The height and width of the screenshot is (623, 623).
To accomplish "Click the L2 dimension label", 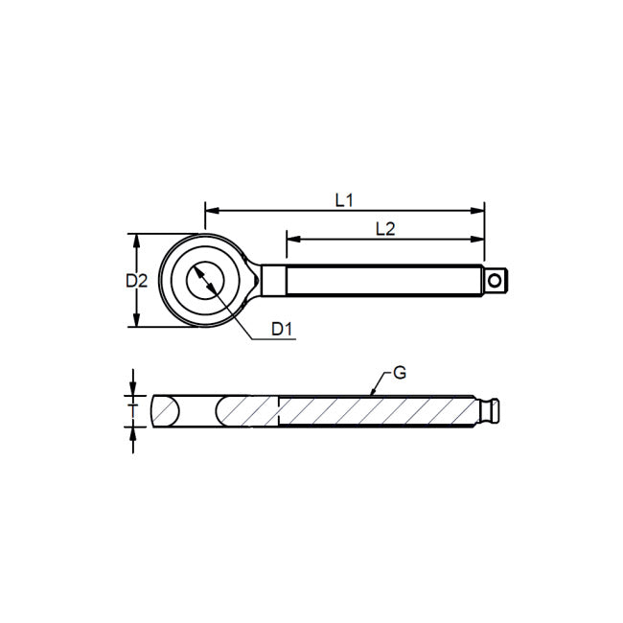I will [385, 228].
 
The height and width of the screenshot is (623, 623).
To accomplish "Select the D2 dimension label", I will [136, 281].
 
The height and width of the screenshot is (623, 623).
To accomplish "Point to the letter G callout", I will [400, 372].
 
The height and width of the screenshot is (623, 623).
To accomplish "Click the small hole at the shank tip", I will [495, 281].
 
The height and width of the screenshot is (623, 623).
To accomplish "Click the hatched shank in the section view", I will [374, 410].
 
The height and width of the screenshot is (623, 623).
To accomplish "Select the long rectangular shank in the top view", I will [383, 281].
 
